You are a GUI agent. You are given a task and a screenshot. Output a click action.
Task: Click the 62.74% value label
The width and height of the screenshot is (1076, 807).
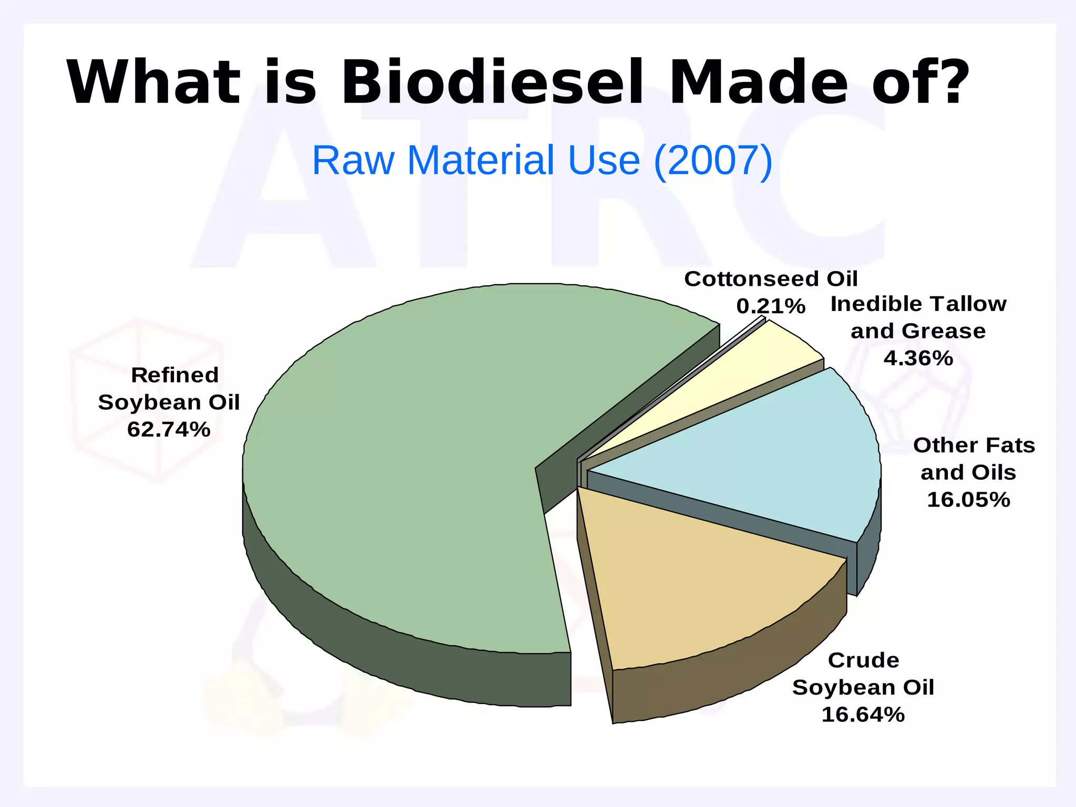169,430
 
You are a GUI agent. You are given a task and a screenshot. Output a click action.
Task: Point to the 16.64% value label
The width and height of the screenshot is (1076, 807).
863,715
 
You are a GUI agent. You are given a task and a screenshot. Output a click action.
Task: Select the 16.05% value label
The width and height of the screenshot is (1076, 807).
968,500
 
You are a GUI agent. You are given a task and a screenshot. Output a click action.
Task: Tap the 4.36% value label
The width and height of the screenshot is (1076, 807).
918,358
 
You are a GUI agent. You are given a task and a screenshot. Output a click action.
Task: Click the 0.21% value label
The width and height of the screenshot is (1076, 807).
771,306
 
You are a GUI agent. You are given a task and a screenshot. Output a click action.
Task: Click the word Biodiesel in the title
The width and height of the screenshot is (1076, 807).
491,83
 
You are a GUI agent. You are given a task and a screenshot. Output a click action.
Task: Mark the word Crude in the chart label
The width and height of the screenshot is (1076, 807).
863,660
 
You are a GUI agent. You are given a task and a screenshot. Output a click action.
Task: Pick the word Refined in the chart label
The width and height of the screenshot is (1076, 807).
174,375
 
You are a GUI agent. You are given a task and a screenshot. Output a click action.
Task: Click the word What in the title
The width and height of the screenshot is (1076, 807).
152,83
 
